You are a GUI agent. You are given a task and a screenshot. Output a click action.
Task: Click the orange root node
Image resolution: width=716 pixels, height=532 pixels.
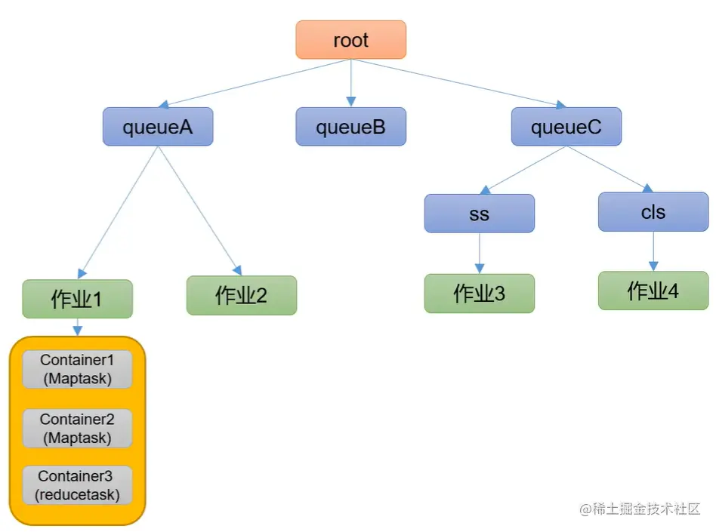(350, 40)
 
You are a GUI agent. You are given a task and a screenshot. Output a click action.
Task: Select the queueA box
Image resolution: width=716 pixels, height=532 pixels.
(158, 127)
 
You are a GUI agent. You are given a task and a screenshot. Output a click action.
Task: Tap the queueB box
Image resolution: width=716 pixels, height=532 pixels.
(350, 127)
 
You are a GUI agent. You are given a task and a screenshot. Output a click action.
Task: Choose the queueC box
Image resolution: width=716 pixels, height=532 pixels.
(566, 127)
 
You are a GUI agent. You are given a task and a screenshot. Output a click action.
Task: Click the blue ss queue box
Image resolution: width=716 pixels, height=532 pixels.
(479, 214)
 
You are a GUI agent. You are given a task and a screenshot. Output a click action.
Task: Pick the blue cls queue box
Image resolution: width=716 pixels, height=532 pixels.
(653, 211)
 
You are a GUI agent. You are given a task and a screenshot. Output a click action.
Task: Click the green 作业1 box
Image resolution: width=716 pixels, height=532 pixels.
(77, 299)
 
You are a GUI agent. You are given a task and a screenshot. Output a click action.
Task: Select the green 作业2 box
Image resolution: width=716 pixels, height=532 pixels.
(242, 295)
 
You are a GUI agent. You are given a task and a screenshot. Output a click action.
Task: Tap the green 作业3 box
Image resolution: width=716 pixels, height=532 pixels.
(479, 293)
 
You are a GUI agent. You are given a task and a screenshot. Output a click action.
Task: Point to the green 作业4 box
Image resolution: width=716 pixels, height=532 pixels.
(653, 291)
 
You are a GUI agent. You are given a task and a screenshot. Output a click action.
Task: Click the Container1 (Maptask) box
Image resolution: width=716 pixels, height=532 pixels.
(77, 369)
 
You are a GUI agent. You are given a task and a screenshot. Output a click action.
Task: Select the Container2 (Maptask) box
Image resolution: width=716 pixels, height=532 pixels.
(77, 428)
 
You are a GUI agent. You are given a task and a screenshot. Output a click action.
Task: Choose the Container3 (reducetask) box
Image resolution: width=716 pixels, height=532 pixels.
(77, 485)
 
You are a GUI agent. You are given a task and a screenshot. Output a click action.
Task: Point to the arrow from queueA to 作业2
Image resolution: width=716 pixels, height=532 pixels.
(199, 211)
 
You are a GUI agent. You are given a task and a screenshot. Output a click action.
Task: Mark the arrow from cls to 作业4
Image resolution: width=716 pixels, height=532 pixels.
(653, 251)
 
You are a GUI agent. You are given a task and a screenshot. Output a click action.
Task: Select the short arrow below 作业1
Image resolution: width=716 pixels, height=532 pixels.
(77, 327)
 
